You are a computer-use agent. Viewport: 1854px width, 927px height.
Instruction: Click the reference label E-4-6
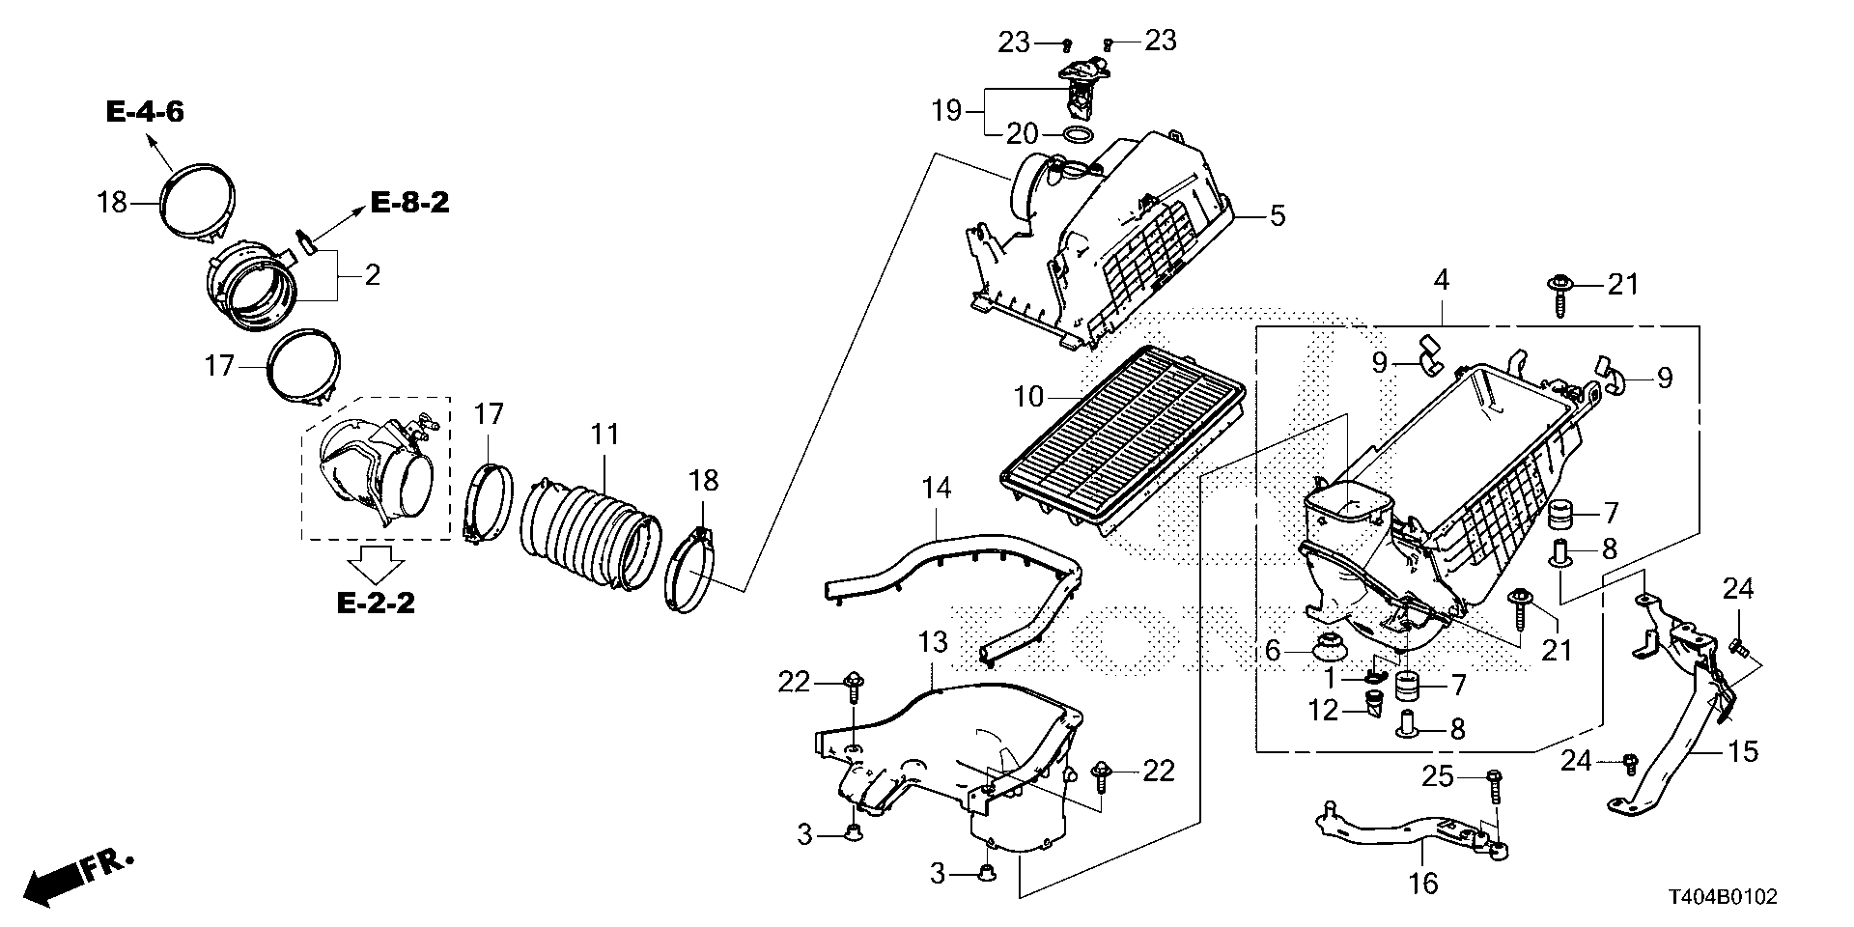[x=145, y=112]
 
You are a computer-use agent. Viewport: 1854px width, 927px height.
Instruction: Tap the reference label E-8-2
[x=409, y=203]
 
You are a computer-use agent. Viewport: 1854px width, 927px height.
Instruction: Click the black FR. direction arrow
[x=53, y=882]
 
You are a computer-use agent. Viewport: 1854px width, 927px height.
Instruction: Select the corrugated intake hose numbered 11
[x=589, y=526]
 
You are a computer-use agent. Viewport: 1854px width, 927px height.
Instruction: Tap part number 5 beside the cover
[x=1277, y=214]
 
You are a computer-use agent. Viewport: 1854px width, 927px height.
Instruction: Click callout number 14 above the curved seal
[x=935, y=488]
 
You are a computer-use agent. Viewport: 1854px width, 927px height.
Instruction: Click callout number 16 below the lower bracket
[x=1423, y=882]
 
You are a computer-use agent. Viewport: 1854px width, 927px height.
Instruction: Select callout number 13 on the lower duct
[x=933, y=641]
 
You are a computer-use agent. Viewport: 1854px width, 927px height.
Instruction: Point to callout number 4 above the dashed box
[x=1441, y=281]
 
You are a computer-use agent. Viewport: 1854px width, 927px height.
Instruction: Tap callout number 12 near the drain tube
[x=1323, y=711]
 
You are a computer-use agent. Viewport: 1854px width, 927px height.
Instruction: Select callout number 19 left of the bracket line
[x=947, y=111]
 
